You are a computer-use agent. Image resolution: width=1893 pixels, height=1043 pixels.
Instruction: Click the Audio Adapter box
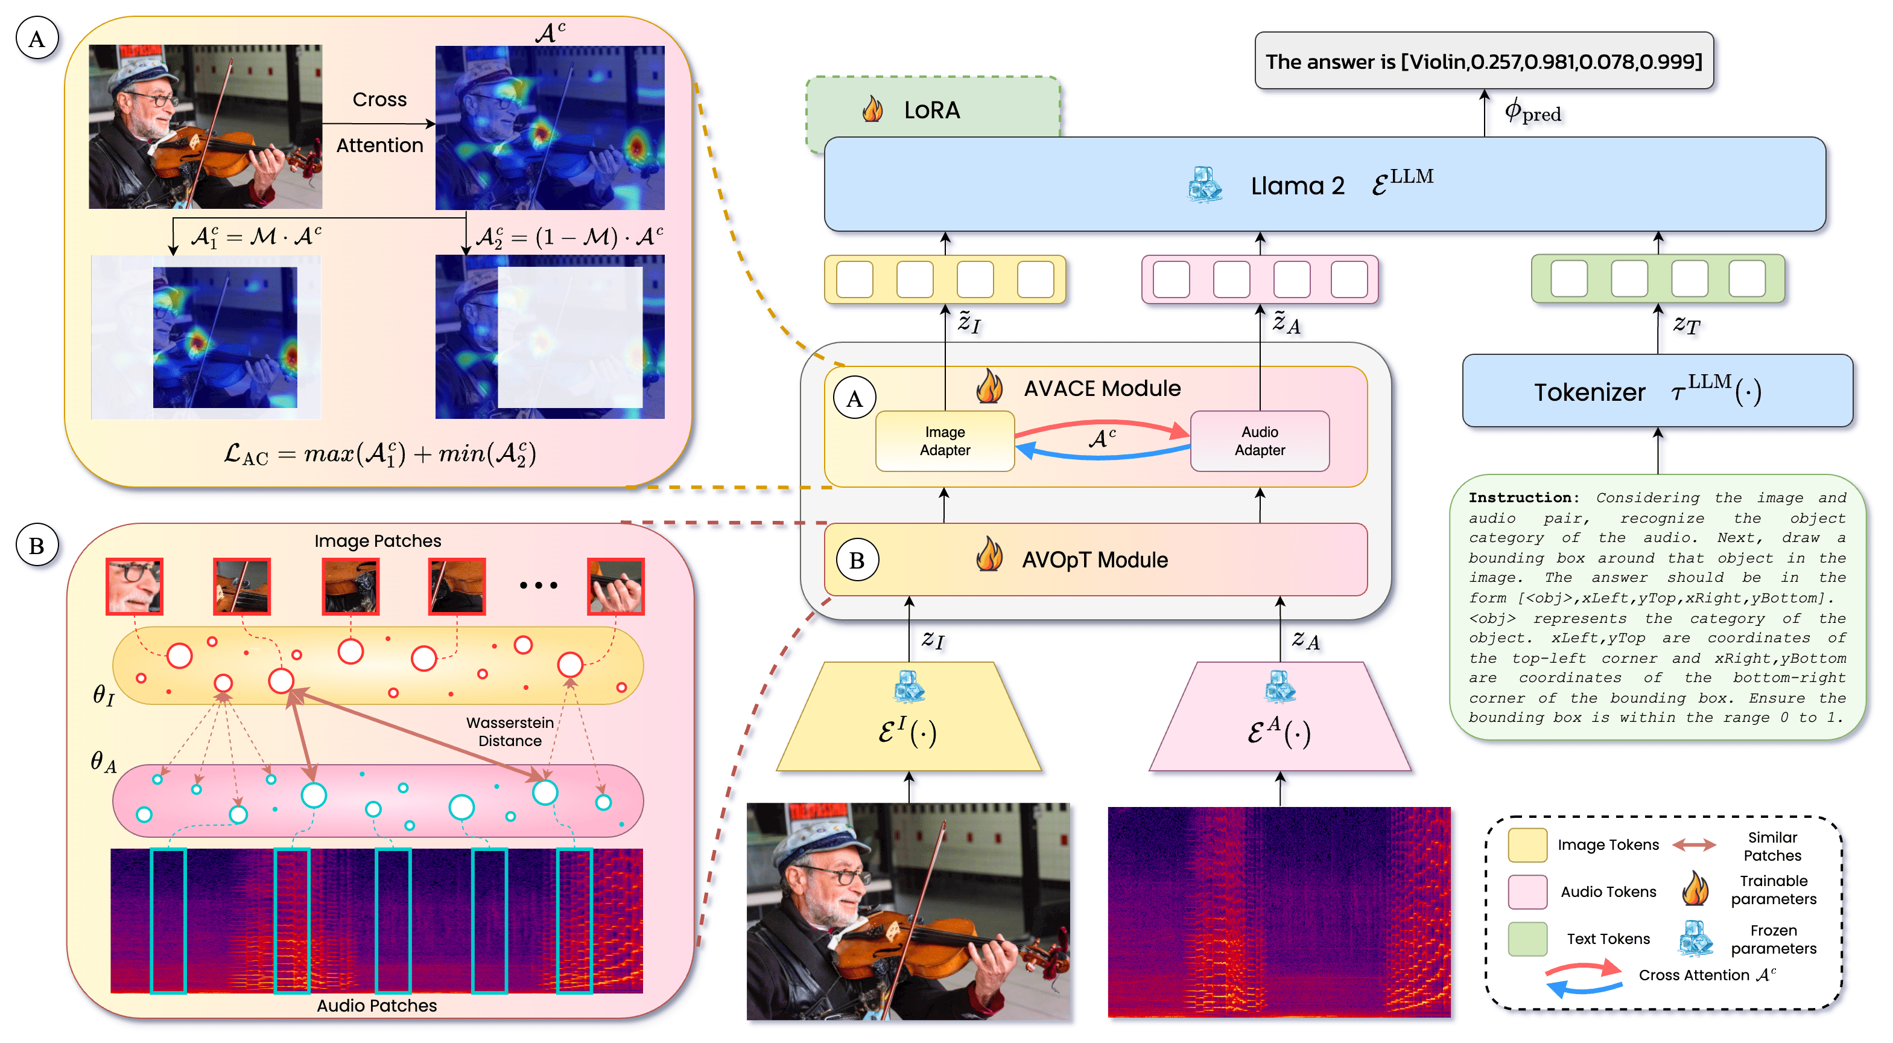tap(1260, 441)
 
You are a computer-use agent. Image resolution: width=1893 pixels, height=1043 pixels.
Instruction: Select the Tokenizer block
tap(1657, 391)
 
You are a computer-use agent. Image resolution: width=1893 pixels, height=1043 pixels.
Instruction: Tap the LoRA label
tap(932, 110)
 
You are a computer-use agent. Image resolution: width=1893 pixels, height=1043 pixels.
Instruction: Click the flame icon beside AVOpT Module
tap(989, 556)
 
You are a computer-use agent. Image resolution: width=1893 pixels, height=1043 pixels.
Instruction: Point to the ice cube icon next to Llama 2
tap(1205, 185)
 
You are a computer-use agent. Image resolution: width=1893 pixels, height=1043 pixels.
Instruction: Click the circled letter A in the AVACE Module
tap(854, 398)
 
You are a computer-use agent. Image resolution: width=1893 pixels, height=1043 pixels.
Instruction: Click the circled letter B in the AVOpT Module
tap(857, 561)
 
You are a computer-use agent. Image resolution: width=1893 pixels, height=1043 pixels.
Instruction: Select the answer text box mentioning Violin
tap(1483, 62)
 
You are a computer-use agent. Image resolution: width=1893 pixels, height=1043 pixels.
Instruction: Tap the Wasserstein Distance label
tap(510, 732)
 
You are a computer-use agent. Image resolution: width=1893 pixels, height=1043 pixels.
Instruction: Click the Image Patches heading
tap(378, 541)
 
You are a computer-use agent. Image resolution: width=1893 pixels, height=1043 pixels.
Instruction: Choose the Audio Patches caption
tap(376, 1006)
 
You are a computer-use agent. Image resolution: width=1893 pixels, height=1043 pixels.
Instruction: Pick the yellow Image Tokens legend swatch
tap(1527, 845)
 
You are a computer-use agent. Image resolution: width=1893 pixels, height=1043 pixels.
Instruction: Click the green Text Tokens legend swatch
tap(1527, 939)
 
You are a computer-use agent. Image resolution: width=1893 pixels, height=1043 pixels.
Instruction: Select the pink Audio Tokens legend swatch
tap(1527, 891)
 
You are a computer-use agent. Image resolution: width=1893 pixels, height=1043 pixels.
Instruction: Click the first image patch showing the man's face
tap(135, 586)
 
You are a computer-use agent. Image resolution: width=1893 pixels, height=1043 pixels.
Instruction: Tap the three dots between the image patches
tap(539, 586)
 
